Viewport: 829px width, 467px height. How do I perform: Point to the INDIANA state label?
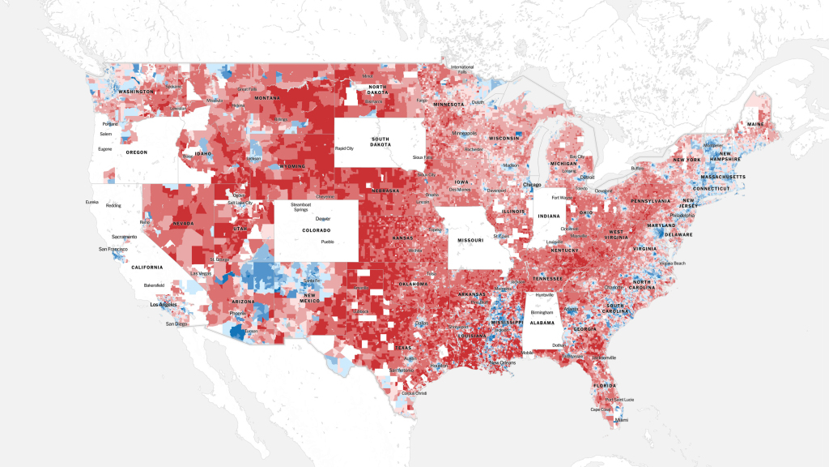(x=548, y=216)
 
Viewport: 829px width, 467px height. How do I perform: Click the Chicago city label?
(x=532, y=185)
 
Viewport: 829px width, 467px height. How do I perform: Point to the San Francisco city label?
(x=116, y=249)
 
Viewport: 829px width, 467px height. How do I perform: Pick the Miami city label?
(x=621, y=420)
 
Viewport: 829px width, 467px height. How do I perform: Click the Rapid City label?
(x=345, y=148)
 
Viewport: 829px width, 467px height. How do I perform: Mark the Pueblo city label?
(x=327, y=242)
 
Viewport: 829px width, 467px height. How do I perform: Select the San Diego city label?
(x=177, y=323)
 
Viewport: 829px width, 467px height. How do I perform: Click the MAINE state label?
(x=755, y=124)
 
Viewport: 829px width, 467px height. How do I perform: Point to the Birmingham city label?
(x=542, y=311)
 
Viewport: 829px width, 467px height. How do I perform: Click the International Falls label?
(x=462, y=69)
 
